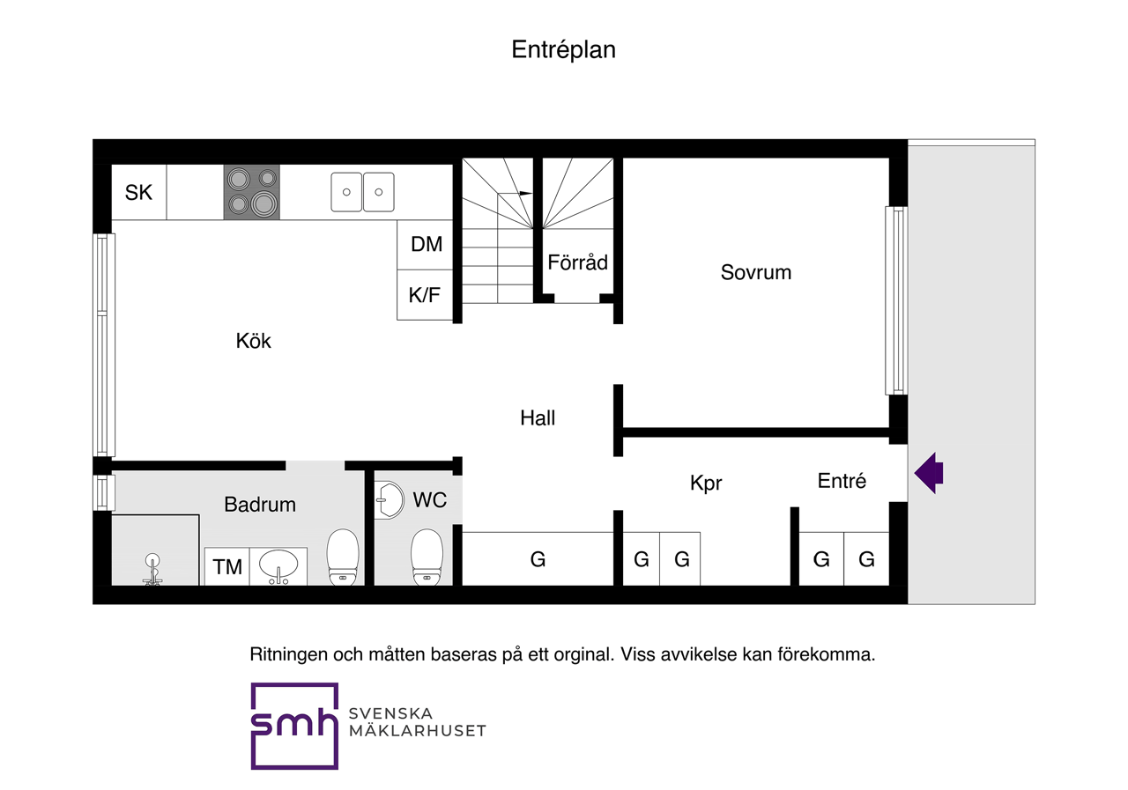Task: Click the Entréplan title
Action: pos(563,50)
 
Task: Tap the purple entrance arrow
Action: pos(929,473)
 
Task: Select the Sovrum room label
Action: pos(755,272)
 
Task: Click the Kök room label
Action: pos(254,341)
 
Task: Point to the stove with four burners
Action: pos(251,192)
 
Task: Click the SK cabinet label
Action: pos(138,192)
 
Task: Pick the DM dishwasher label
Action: pos(427,244)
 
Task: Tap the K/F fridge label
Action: pos(425,295)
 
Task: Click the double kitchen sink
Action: pos(362,192)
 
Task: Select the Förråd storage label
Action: pos(577,262)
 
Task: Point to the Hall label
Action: pos(538,418)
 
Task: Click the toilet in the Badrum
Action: pos(343,557)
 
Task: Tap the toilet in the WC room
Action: pos(427,557)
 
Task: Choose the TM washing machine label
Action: pos(227,567)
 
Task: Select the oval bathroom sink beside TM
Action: pos(279,565)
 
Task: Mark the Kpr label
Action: pos(707,484)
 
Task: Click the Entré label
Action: pos(842,481)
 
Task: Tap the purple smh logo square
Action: pos(294,726)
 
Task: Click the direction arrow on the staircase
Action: pos(523,193)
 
